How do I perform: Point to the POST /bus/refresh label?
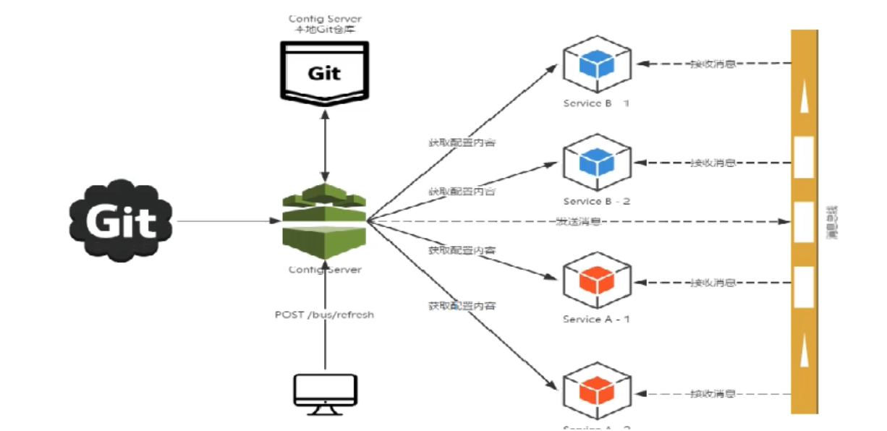[x=325, y=315]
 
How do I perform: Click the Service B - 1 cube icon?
[x=597, y=64]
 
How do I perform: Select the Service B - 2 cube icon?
[x=597, y=162]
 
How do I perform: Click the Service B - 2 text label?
[x=597, y=201]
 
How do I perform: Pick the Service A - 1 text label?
[x=597, y=319]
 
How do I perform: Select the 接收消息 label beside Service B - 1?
[x=713, y=64]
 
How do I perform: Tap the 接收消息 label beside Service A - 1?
[x=713, y=282]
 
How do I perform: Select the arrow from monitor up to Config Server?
[x=325, y=340]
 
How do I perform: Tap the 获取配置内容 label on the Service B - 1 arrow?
[x=462, y=142]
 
